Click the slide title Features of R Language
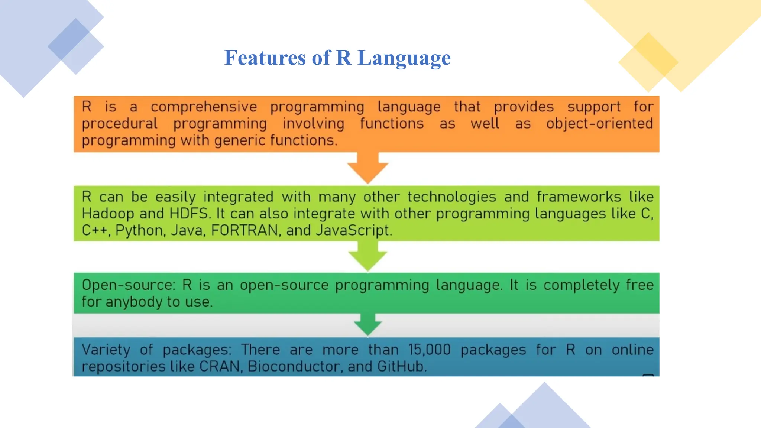click(337, 58)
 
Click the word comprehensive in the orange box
click(204, 107)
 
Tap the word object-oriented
click(599, 124)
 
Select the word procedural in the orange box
click(120, 124)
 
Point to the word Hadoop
click(108, 214)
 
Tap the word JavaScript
click(353, 231)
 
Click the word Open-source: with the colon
click(128, 285)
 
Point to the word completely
click(582, 285)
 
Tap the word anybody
click(134, 302)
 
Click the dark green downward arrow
click(368, 324)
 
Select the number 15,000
click(429, 350)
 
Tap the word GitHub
click(401, 367)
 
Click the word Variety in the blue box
click(106, 350)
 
